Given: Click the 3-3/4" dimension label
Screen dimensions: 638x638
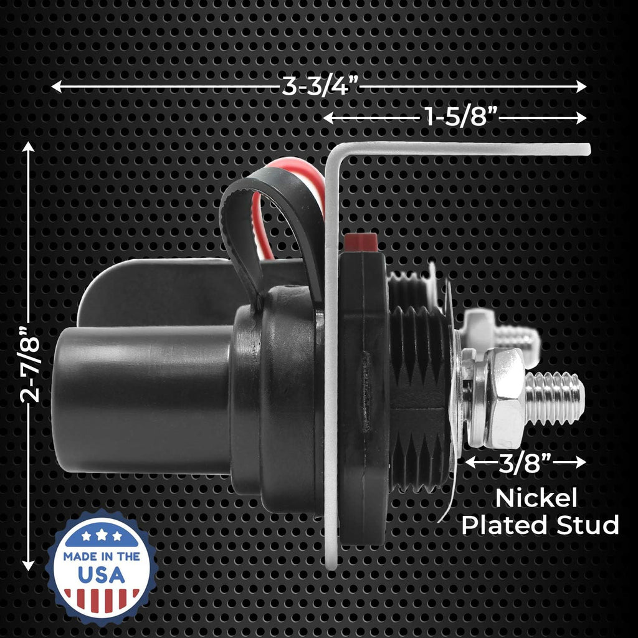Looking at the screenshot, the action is pyautogui.click(x=320, y=86).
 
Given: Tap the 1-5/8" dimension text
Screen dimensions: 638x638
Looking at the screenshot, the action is pyautogui.click(x=462, y=118).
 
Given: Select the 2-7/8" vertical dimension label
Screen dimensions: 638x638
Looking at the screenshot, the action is pyautogui.click(x=31, y=363).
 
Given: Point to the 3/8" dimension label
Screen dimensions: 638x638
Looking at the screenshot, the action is pyautogui.click(x=525, y=462).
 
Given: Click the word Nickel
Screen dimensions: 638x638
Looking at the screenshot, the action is pyautogui.click(x=536, y=497).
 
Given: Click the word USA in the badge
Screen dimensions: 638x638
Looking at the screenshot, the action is pyautogui.click(x=102, y=574).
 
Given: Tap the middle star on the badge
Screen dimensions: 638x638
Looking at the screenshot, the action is pyautogui.click(x=102, y=534).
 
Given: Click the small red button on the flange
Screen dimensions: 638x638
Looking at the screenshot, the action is pyautogui.click(x=361, y=242).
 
